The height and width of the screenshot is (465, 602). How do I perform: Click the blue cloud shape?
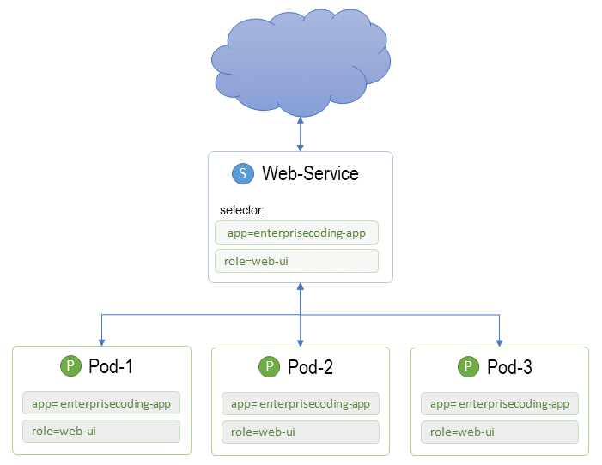(x=301, y=62)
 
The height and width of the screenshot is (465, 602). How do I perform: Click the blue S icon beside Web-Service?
(x=243, y=173)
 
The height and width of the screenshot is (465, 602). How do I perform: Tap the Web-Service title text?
(x=310, y=173)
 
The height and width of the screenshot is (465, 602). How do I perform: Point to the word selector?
(x=242, y=210)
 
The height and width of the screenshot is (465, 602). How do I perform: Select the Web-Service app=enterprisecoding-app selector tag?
(x=296, y=232)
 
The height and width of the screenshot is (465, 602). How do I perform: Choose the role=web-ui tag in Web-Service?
(x=296, y=261)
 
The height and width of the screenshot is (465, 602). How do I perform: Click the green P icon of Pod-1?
(x=70, y=365)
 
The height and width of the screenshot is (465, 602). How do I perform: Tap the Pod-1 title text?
(x=111, y=366)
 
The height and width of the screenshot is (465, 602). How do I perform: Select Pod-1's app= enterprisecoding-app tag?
(x=101, y=403)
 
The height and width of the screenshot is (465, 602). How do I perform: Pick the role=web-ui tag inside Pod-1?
(x=101, y=431)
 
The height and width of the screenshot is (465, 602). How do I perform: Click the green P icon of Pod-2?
(x=270, y=366)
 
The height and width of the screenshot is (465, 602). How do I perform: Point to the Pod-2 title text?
(x=310, y=367)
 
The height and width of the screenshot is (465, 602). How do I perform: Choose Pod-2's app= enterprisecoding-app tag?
(x=301, y=403)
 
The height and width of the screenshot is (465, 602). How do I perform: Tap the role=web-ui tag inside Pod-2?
(x=301, y=432)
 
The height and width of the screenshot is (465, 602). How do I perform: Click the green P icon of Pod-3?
(x=468, y=366)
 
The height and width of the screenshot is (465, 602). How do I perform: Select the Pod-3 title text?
(x=509, y=367)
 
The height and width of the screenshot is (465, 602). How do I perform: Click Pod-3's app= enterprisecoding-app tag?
(x=500, y=403)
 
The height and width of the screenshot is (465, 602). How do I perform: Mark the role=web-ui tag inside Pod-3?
(x=500, y=432)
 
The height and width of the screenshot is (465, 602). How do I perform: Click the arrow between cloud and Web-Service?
(x=301, y=134)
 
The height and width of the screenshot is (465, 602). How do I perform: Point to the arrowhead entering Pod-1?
(x=101, y=342)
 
